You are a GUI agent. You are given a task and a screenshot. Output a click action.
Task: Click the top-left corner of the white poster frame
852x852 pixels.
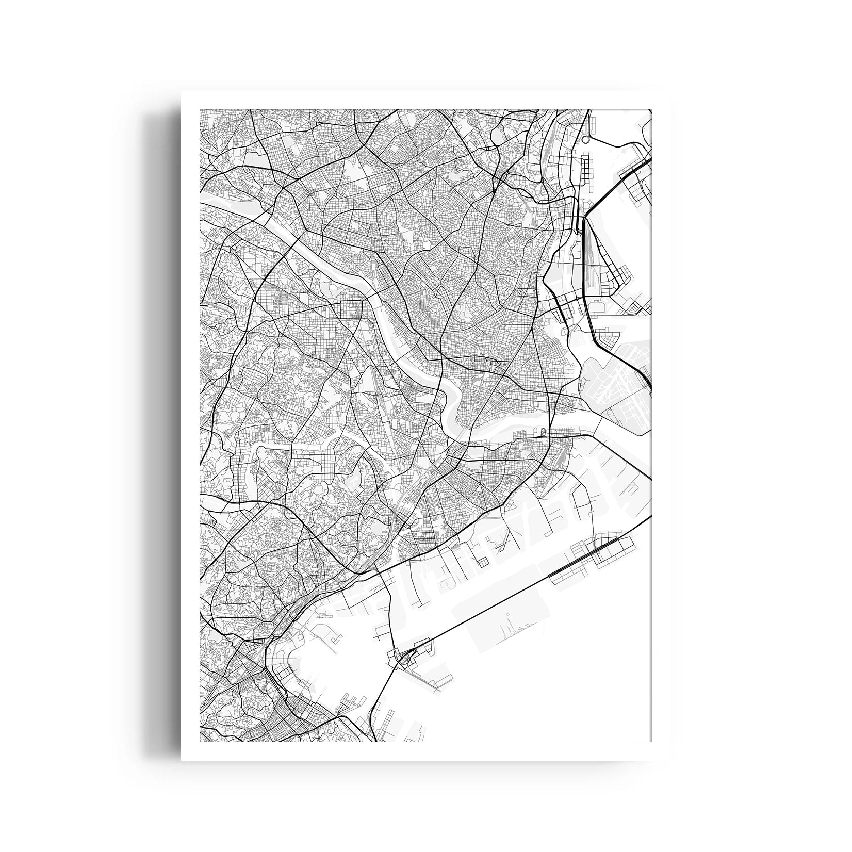(182, 92)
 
